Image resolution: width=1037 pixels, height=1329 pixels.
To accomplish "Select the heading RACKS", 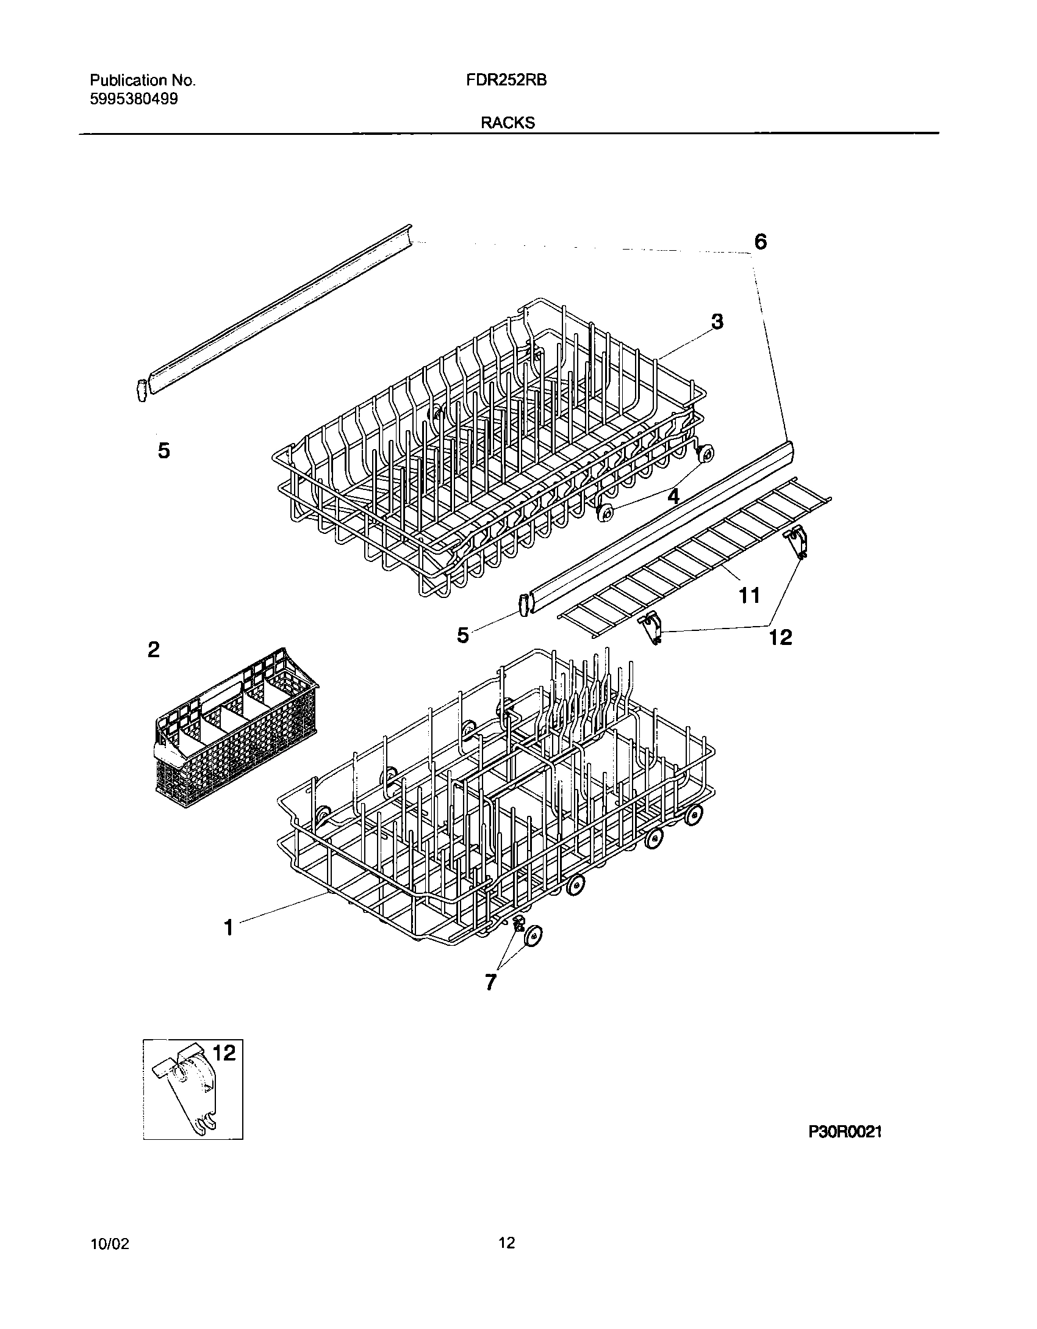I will point(508,123).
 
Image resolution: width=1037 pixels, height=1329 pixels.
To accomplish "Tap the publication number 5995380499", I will point(134,99).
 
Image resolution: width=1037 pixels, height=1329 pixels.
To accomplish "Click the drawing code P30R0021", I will point(845,1132).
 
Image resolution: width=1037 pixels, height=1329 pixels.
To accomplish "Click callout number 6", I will point(760,242).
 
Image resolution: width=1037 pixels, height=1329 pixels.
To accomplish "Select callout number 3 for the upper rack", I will point(717,321).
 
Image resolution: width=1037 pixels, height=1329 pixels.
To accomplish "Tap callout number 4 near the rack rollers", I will point(673,496).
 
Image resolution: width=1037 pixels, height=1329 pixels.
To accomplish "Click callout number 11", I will point(749,595).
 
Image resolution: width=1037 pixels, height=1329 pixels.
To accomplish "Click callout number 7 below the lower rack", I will point(490,982).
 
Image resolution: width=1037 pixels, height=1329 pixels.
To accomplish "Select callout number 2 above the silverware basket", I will point(154,649).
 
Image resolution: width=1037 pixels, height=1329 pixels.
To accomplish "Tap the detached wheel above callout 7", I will point(534,935).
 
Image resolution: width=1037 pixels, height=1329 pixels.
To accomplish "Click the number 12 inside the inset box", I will point(223,1053).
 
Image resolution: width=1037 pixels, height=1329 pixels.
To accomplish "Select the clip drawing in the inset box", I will point(186,1092).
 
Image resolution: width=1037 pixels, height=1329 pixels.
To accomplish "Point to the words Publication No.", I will point(143,80).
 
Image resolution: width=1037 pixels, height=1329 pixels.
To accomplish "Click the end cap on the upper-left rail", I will point(141,390).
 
